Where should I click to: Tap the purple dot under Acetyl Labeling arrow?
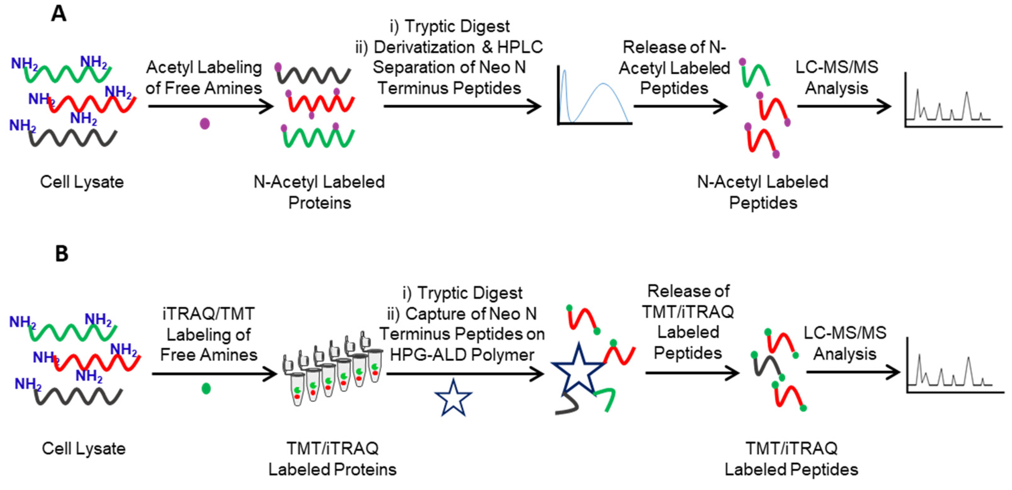click(205, 124)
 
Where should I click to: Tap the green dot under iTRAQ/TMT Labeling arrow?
click(206, 389)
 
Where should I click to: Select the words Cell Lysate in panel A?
click(82, 182)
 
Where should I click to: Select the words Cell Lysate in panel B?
click(84, 448)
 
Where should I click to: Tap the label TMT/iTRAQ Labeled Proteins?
click(332, 459)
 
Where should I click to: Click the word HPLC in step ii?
click(520, 47)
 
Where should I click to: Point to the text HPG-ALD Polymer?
click(462, 355)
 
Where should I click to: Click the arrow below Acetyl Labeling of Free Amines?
click(210, 106)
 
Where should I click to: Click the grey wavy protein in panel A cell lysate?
click(73, 138)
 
